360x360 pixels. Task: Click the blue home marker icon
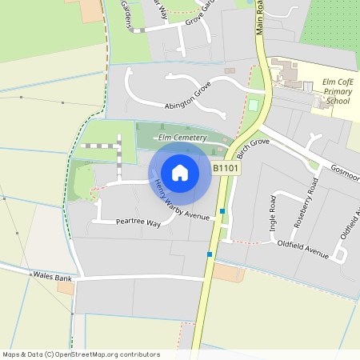click(x=180, y=173)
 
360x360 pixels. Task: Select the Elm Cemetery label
click(x=182, y=138)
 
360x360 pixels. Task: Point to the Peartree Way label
click(x=138, y=222)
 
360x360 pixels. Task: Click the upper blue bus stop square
click(x=222, y=211)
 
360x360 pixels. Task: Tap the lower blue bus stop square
click(x=210, y=254)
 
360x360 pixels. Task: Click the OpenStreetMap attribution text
click(x=81, y=354)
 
